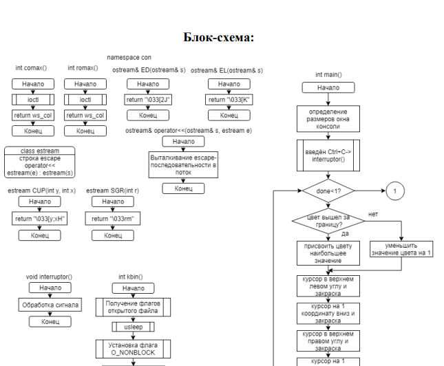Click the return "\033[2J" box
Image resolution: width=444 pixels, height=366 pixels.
click(x=148, y=100)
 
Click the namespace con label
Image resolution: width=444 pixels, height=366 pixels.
click(x=129, y=57)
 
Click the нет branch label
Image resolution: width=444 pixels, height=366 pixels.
click(x=373, y=214)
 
